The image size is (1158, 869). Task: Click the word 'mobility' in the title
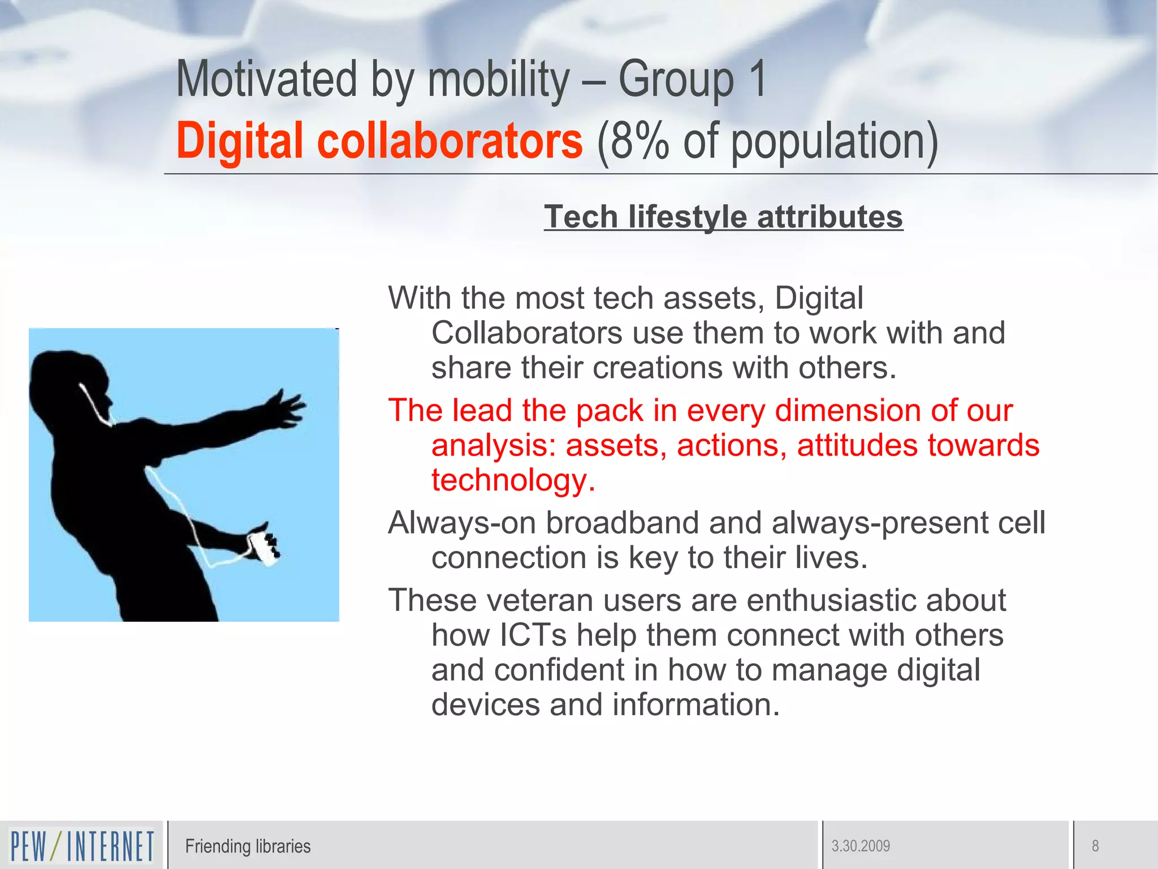click(x=499, y=80)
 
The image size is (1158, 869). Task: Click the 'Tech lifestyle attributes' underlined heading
click(x=723, y=217)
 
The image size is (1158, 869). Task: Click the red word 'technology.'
click(x=513, y=480)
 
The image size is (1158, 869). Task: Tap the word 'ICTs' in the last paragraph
click(x=533, y=635)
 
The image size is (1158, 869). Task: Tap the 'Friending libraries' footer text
click(x=248, y=846)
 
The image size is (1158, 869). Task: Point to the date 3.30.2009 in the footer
click(x=861, y=846)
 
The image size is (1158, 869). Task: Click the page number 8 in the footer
click(x=1095, y=846)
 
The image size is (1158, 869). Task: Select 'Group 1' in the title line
click(x=692, y=80)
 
